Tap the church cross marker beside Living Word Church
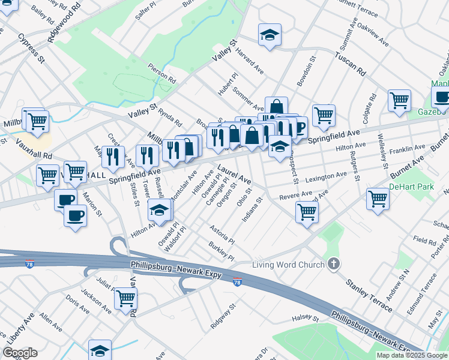point(334,264)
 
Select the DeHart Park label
point(411,187)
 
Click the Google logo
point(20,353)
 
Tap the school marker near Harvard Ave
point(270,35)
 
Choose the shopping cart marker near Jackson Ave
point(125,298)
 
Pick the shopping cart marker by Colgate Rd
point(399,100)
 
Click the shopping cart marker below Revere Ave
point(307,211)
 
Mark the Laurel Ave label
point(234,175)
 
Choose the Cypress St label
point(31,48)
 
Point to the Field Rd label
point(424,240)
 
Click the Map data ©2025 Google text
point(411,355)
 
